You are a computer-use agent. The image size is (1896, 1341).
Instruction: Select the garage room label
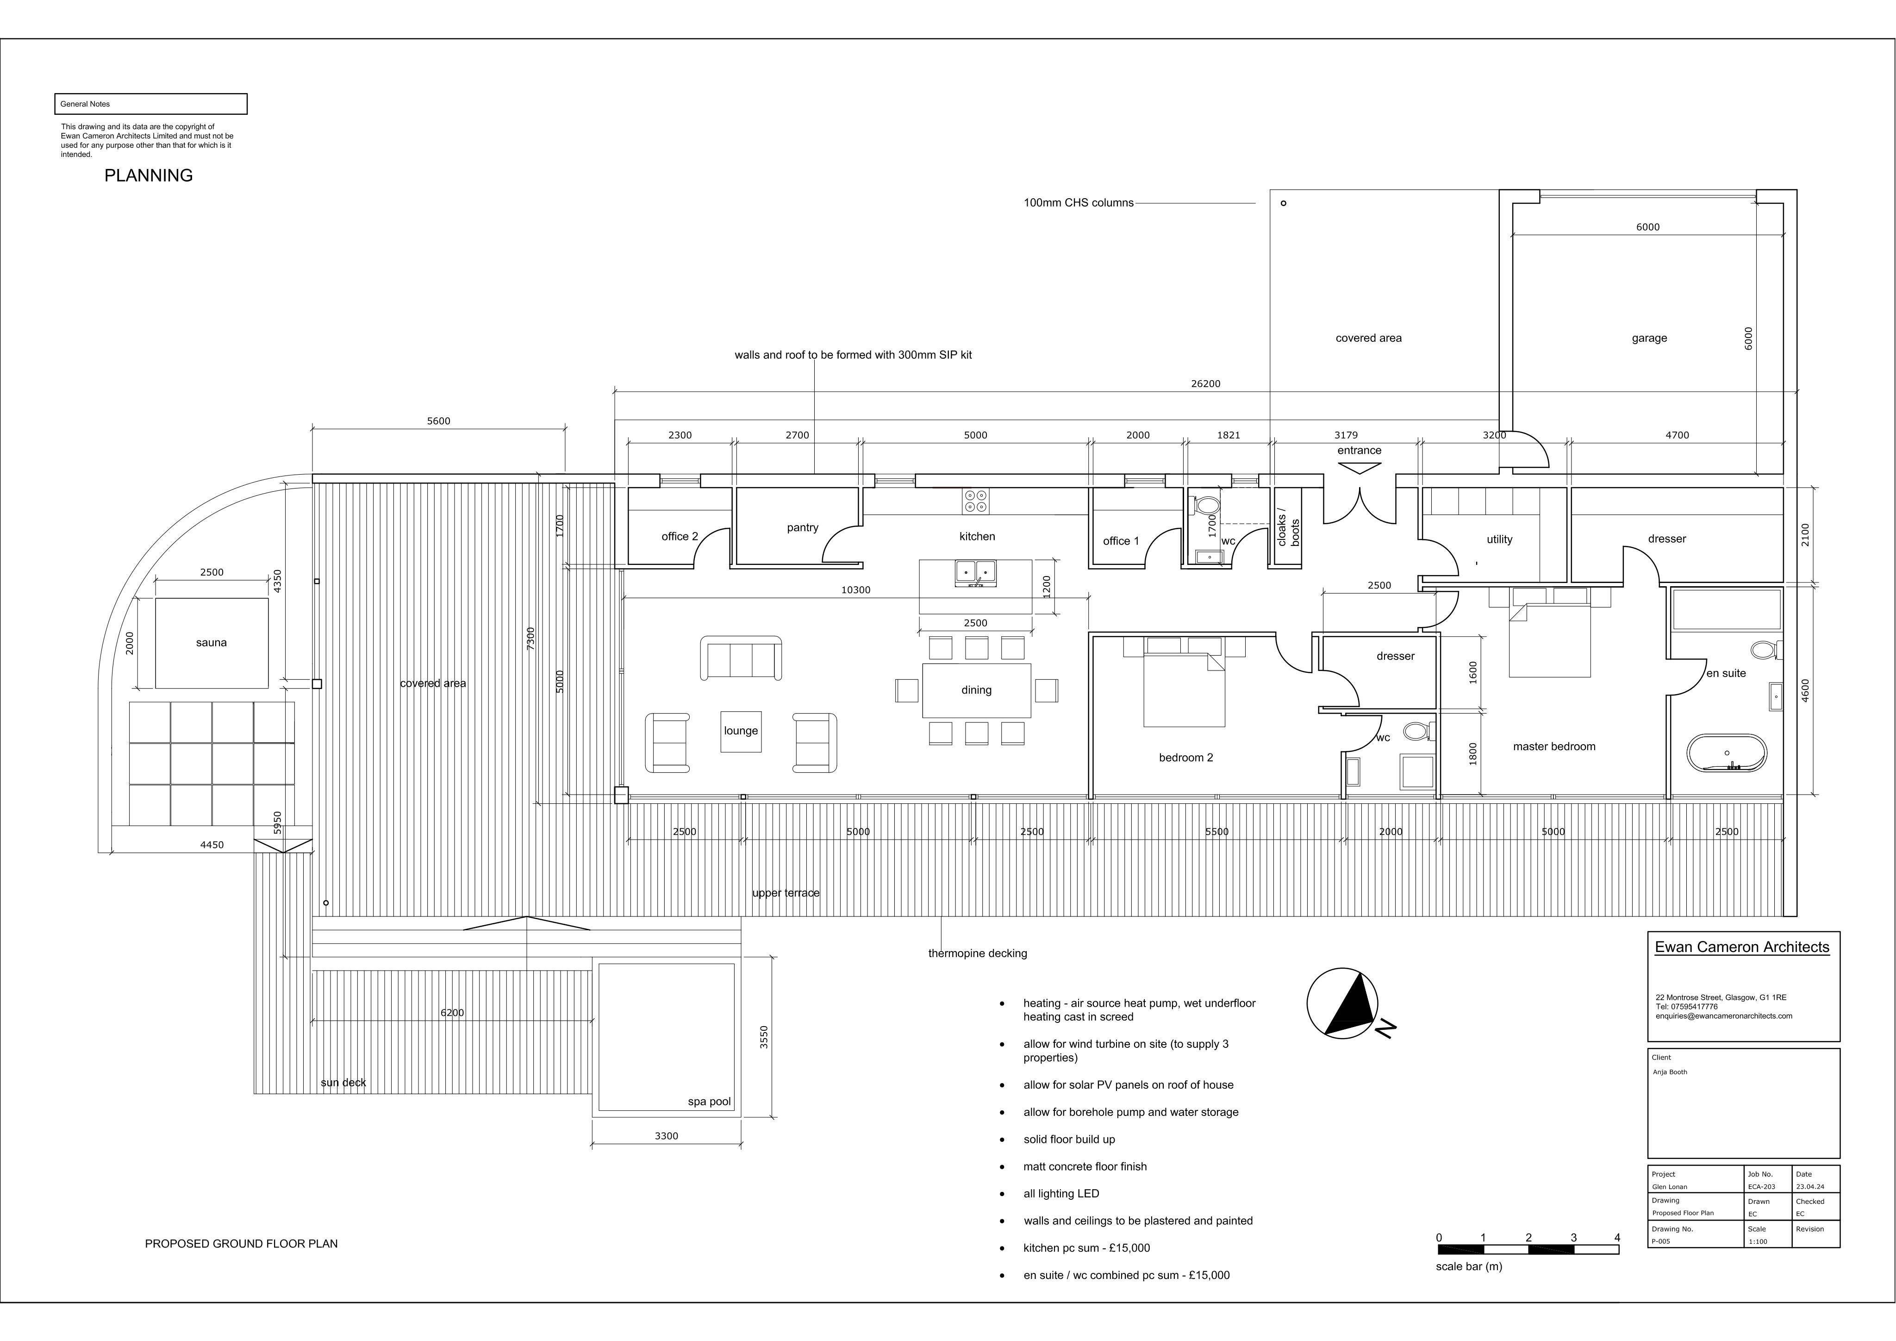point(1649,338)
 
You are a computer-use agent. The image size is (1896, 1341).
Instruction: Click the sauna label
point(212,643)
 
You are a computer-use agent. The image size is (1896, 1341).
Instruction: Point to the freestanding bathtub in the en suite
point(1727,753)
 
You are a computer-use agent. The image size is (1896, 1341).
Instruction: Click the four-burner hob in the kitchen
point(975,501)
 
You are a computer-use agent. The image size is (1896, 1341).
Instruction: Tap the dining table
point(976,690)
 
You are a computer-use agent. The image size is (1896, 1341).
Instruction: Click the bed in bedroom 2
point(1184,683)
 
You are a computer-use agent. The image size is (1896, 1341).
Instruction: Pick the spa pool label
point(709,1102)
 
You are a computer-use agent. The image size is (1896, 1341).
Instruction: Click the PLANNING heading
point(149,175)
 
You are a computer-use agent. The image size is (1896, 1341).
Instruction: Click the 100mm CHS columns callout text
point(1079,202)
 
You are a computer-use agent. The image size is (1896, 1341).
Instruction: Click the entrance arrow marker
point(1359,468)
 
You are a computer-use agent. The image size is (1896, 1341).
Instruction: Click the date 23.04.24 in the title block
point(1810,1186)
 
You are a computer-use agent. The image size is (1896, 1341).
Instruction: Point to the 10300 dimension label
point(855,590)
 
